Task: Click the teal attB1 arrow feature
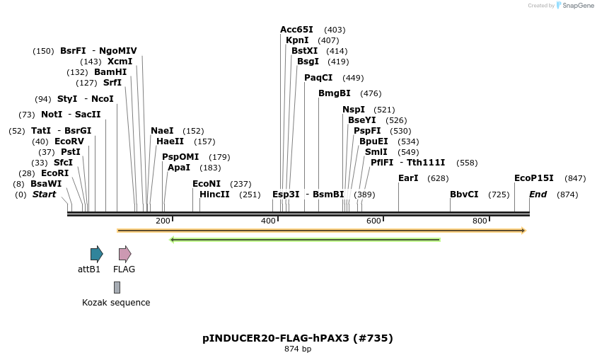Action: pyautogui.click(x=96, y=254)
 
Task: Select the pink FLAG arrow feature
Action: pyautogui.click(x=124, y=254)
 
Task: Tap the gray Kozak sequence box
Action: pyautogui.click(x=117, y=287)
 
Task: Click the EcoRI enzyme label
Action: pyautogui.click(x=54, y=173)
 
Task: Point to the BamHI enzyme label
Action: pyautogui.click(x=110, y=72)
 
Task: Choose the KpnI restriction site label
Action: pyautogui.click(x=298, y=40)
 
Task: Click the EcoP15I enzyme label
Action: pyautogui.click(x=533, y=178)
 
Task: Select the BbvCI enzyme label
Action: pyautogui.click(x=464, y=194)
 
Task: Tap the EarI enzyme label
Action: pyautogui.click(x=408, y=178)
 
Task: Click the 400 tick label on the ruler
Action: pyautogui.click(x=268, y=221)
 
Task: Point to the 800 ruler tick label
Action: pyautogui.click(x=480, y=221)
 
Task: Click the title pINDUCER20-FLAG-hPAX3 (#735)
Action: pyautogui.click(x=298, y=338)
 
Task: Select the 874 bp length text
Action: pyautogui.click(x=298, y=349)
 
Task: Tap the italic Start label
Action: pyautogui.click(x=44, y=194)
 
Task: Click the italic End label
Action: pyautogui.click(x=538, y=194)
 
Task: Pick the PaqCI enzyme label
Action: pyautogui.click(x=318, y=78)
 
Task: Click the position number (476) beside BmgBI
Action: pyautogui.click(x=371, y=93)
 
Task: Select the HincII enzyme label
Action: pyautogui.click(x=214, y=194)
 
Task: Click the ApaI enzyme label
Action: pyautogui.click(x=179, y=168)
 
